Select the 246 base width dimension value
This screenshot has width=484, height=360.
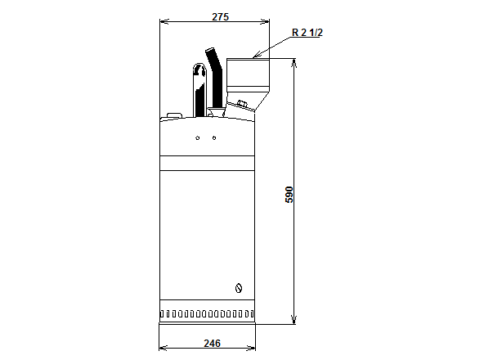(x=211, y=344)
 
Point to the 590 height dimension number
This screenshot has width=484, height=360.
(x=288, y=194)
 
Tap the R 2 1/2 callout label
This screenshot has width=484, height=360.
(x=307, y=34)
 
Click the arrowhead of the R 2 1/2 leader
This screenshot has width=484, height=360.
(x=256, y=56)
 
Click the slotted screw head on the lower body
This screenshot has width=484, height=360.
(x=239, y=287)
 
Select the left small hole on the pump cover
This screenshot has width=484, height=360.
(x=197, y=137)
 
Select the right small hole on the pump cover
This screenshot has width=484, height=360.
(x=214, y=137)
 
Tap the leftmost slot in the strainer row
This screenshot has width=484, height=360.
(x=163, y=314)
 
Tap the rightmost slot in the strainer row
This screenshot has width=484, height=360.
(x=252, y=314)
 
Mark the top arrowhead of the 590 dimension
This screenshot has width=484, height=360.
(x=294, y=62)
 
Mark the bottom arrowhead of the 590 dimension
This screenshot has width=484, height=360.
(x=294, y=321)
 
